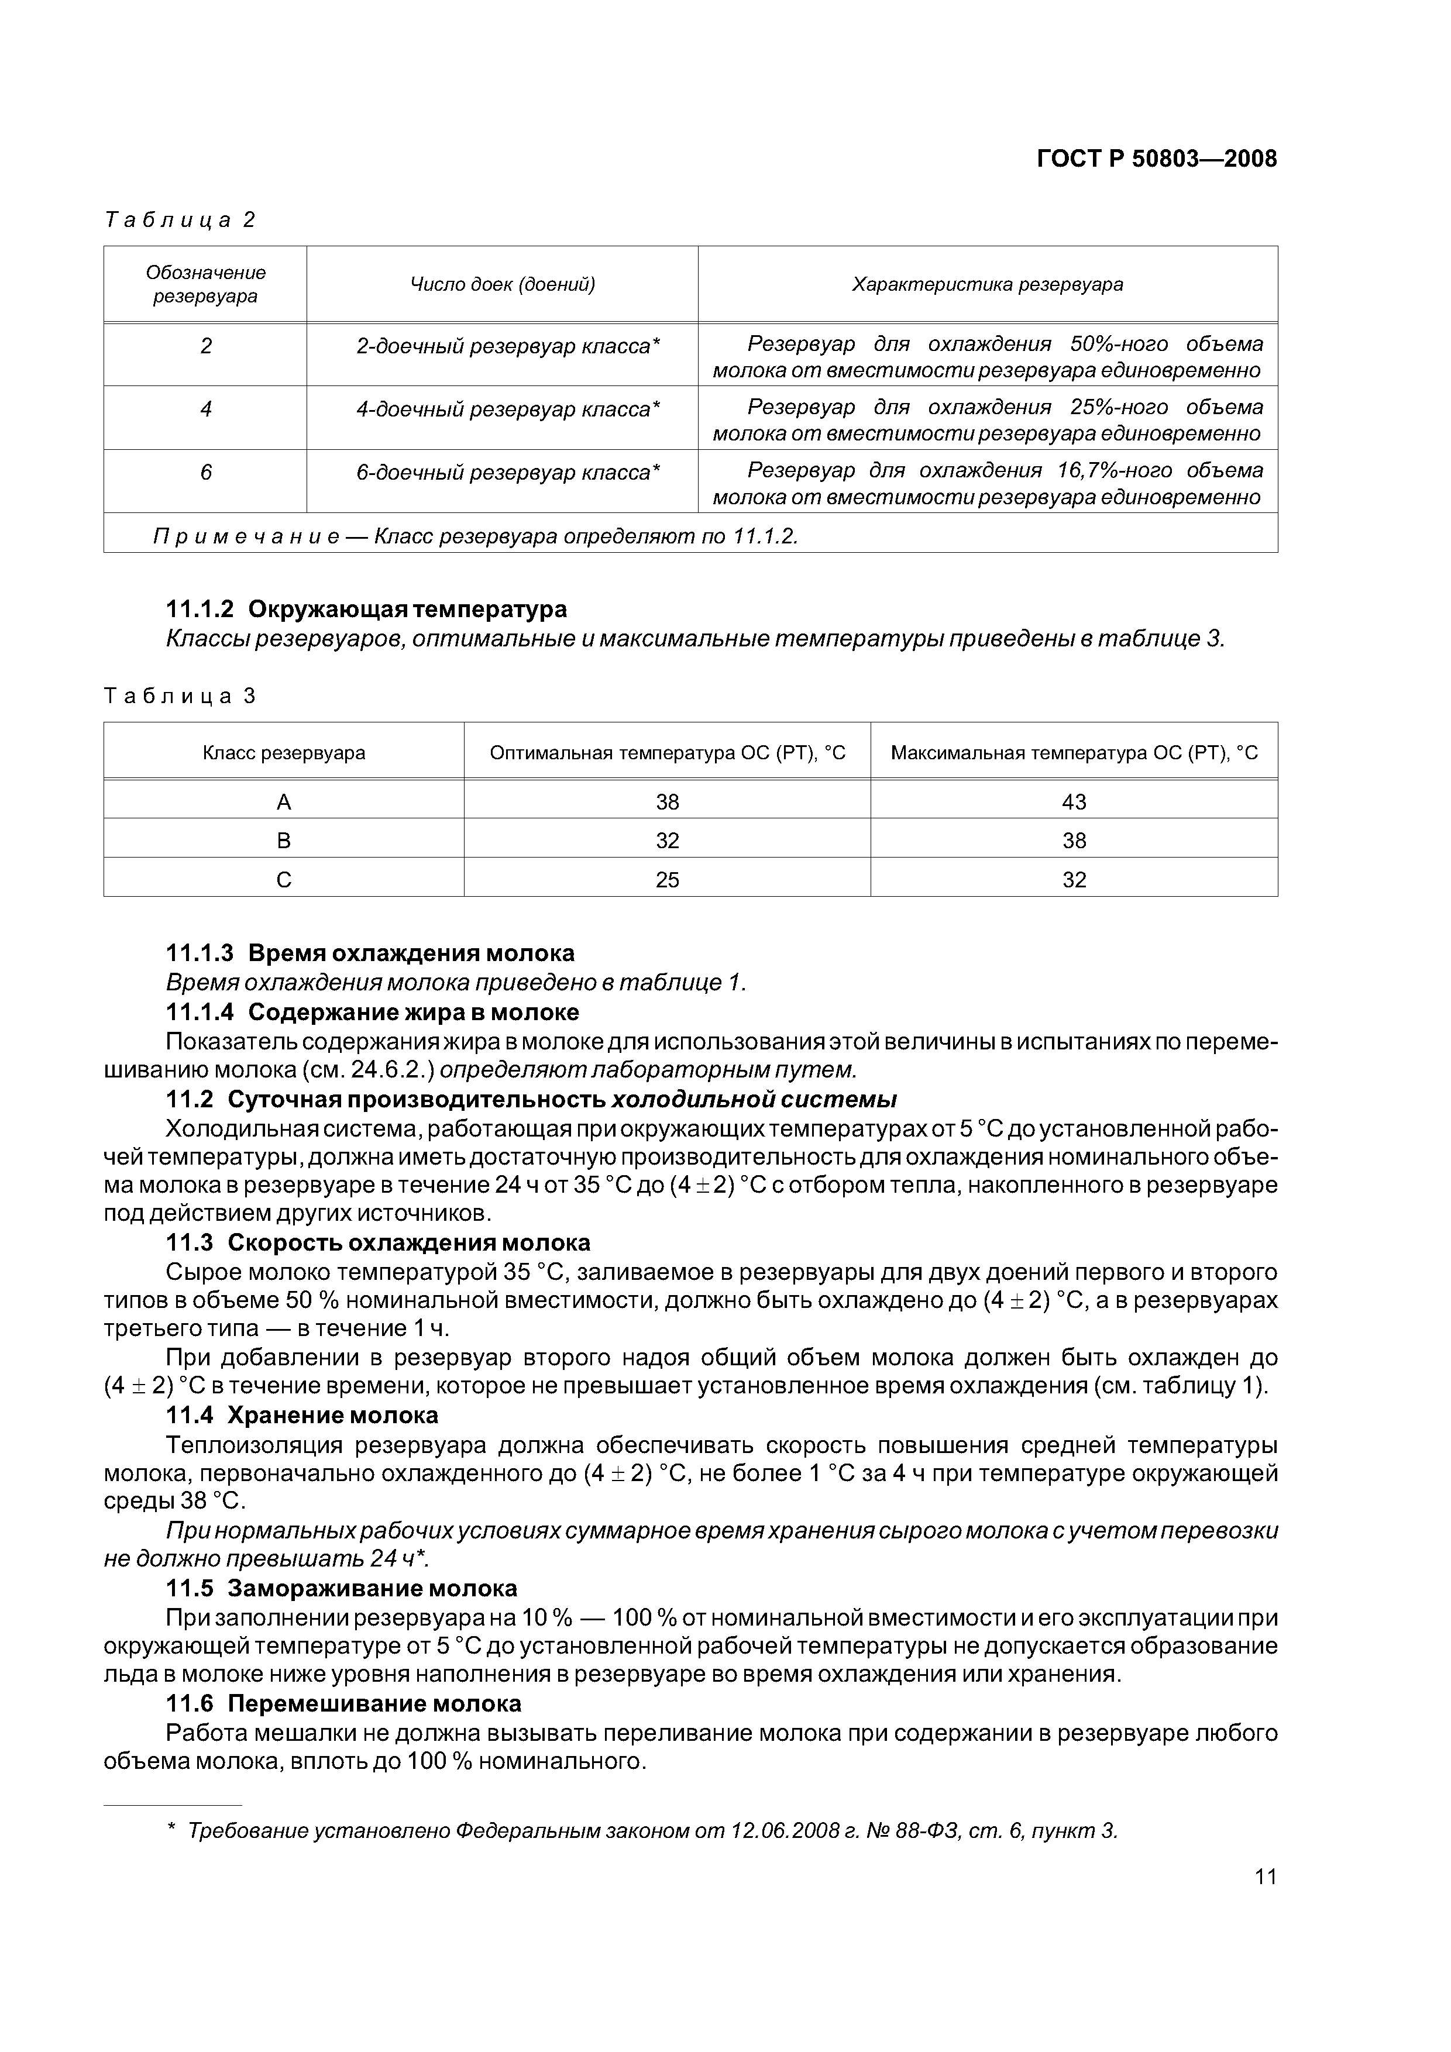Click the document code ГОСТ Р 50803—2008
(1156, 159)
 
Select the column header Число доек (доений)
(503, 284)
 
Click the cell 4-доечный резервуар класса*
(508, 409)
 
